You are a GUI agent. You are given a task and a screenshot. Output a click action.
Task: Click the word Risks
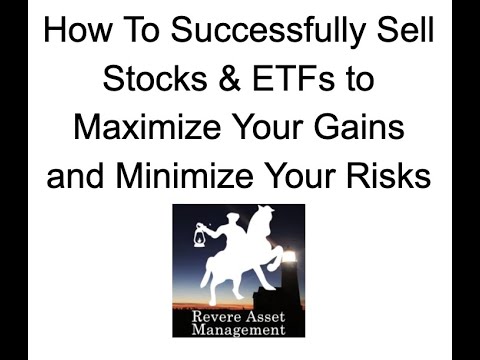click(x=388, y=177)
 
